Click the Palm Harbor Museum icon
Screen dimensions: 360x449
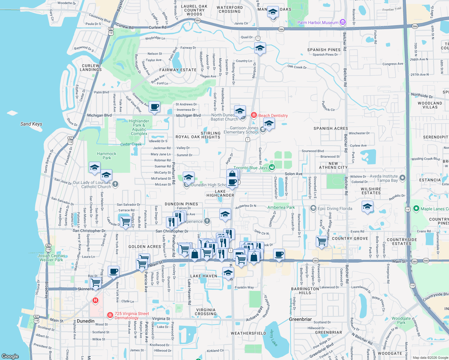point(343,22)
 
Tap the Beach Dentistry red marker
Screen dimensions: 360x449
point(254,115)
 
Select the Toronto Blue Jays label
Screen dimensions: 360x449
point(250,168)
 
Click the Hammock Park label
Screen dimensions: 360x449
point(107,156)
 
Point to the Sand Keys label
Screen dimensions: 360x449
point(31,124)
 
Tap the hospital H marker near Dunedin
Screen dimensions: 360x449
point(95,300)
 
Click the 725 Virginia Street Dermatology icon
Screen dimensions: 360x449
point(110,315)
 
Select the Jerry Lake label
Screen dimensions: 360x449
point(273,337)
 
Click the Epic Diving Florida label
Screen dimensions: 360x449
point(335,208)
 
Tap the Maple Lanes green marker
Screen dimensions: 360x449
point(416,208)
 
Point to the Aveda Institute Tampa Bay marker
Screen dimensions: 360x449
point(402,178)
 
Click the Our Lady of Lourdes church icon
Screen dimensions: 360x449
point(115,184)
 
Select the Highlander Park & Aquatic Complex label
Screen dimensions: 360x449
point(139,127)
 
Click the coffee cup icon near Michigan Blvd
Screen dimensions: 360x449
point(155,107)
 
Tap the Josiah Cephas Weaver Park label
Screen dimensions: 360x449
point(51,258)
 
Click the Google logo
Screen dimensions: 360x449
point(10,356)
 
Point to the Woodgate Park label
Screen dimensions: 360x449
point(401,320)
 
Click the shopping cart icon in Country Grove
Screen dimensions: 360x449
point(322,241)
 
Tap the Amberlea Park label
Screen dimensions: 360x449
point(281,207)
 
